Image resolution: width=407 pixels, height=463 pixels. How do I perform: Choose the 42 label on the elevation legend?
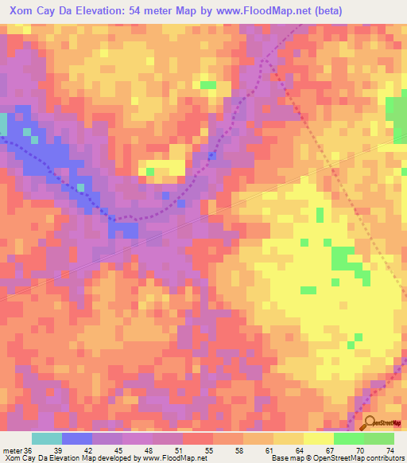tap(98, 450)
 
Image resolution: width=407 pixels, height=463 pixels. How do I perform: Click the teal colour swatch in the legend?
tap(47, 438)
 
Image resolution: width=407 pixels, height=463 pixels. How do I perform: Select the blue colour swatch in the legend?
tap(77, 438)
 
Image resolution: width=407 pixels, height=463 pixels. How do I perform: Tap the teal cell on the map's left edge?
tap(3, 124)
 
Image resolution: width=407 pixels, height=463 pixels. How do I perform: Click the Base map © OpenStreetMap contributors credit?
tap(337, 459)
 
